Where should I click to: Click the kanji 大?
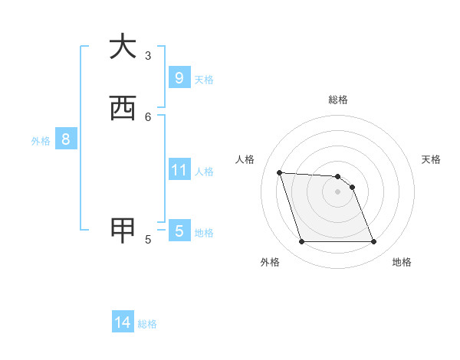pyautogui.click(x=123, y=47)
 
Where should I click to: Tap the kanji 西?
pyautogui.click(x=123, y=109)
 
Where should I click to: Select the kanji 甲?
pyautogui.click(x=123, y=231)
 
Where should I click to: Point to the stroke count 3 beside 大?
pyautogui.click(x=148, y=55)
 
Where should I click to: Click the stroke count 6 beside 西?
pyautogui.click(x=148, y=116)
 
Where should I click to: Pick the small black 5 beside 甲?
pyautogui.click(x=148, y=239)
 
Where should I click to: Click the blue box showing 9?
pyautogui.click(x=179, y=78)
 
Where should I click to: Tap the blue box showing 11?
pyautogui.click(x=179, y=170)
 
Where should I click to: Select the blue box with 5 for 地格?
pyautogui.click(x=179, y=231)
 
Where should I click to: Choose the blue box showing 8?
pyautogui.click(x=66, y=139)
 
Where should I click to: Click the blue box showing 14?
pyautogui.click(x=123, y=323)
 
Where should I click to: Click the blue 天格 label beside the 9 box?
pyautogui.click(x=204, y=80)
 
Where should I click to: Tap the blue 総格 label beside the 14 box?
pyautogui.click(x=147, y=324)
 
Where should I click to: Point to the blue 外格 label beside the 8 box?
pyautogui.click(x=41, y=141)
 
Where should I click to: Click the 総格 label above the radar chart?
pyautogui.click(x=337, y=100)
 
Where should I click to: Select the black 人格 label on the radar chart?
pyautogui.click(x=245, y=159)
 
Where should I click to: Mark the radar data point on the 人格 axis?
pyautogui.click(x=279, y=172)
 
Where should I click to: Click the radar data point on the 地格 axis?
pyautogui.click(x=373, y=242)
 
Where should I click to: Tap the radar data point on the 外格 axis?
pyautogui.click(x=301, y=242)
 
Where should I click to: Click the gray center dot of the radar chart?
pyautogui.click(x=337, y=191)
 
